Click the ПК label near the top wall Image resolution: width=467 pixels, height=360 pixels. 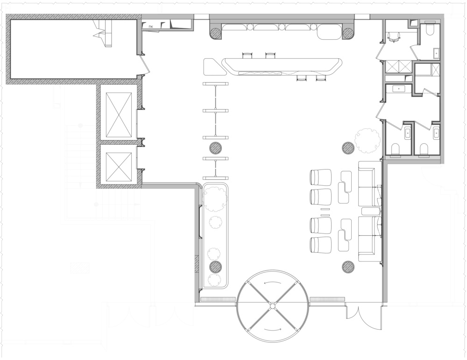click(x=151, y=27)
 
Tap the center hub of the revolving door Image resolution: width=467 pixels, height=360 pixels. click(x=273, y=306)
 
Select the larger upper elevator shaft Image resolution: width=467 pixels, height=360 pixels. click(x=119, y=115)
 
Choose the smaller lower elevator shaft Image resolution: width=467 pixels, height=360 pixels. click(x=119, y=166)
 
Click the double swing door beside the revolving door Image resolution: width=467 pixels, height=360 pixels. click(x=363, y=317)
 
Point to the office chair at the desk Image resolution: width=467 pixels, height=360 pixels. click(x=394, y=37)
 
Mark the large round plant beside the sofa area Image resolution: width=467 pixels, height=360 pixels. click(x=367, y=141)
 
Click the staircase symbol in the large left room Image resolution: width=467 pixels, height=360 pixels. click(x=103, y=33)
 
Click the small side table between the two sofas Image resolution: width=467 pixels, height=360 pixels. click(x=370, y=211)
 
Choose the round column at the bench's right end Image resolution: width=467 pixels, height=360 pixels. click(x=347, y=32)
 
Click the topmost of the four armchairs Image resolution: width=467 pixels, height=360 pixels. click(x=321, y=177)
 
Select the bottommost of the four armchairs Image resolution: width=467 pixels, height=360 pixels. click(x=321, y=245)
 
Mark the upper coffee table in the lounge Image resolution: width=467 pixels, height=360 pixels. click(x=345, y=187)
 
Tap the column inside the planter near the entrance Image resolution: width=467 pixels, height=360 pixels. click(x=216, y=267)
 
